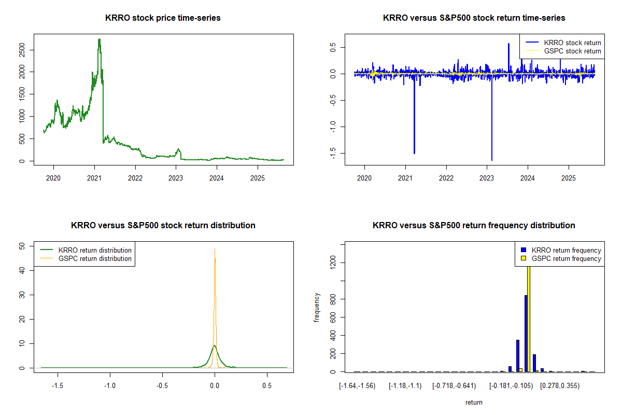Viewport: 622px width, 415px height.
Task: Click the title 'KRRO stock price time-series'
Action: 163,18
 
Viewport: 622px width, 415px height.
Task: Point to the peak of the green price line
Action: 99,39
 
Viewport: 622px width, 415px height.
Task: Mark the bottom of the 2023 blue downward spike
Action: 491,160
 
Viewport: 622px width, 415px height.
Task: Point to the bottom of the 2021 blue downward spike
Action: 414,153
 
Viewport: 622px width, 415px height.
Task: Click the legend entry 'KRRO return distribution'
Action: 95,250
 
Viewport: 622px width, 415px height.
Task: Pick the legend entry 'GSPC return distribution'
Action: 95,258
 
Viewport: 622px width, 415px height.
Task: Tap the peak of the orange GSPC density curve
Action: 215,249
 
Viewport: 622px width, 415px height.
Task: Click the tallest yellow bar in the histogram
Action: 529,316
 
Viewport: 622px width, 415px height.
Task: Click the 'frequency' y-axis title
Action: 317,308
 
